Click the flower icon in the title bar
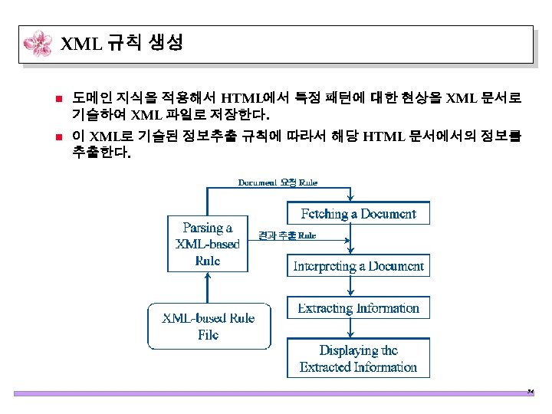point(38,44)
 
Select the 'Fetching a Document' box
point(358,213)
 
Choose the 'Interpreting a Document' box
point(358,266)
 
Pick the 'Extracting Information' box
point(358,308)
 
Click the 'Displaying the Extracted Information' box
point(358,358)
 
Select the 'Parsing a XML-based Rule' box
point(208,244)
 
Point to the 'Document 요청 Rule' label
point(278,182)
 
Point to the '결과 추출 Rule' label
point(287,235)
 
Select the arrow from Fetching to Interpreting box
point(353,240)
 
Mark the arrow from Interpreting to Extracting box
point(353,287)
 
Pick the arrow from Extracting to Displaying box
point(353,328)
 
